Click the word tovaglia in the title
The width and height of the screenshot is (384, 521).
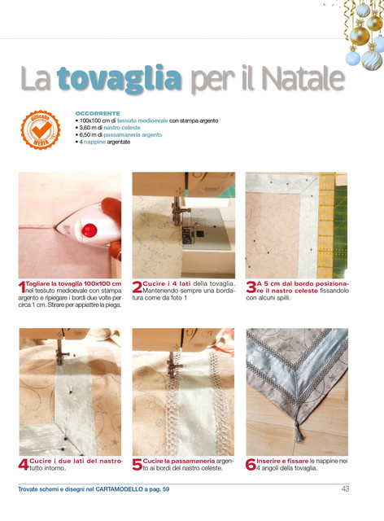coord(120,79)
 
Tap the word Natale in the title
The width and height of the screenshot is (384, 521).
coord(303,79)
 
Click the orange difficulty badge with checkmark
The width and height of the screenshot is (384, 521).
coord(41,129)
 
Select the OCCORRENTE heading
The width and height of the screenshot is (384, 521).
coord(98,113)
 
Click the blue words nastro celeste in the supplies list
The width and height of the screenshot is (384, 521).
coord(122,128)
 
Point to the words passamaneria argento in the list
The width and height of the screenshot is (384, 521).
coord(133,134)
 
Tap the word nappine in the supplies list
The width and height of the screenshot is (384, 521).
coord(94,142)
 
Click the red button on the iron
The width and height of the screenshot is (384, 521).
coord(89,230)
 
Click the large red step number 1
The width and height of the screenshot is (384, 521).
coord(22,287)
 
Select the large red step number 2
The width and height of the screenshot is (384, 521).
coord(137,287)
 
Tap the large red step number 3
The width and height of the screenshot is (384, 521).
coord(251,287)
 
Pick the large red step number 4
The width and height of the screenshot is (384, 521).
coord(24,465)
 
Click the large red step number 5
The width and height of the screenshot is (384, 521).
coord(137,465)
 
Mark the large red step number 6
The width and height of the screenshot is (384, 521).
coord(251,465)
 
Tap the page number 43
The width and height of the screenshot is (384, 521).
coord(346,488)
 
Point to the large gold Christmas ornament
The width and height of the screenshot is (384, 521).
coord(360,36)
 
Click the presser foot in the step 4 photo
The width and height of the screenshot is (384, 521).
coord(62,355)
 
